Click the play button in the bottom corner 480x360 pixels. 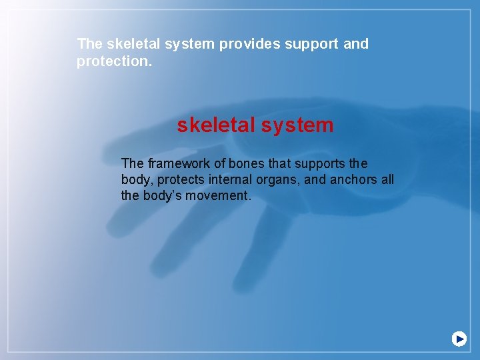pos(459,339)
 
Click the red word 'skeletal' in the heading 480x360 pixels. pos(216,125)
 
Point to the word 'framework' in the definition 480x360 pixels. pos(176,164)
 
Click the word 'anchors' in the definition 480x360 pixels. pos(353,180)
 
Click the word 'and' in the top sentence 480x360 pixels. pos(355,45)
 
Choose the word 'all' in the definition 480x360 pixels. pos(387,180)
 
